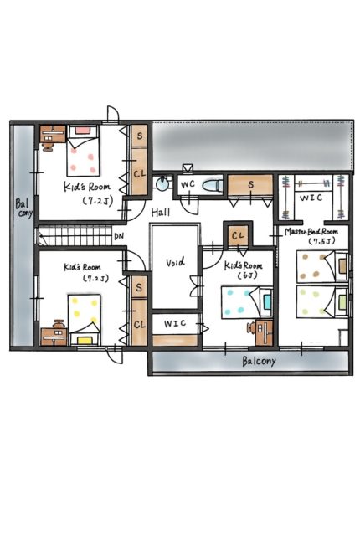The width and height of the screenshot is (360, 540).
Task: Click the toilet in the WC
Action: tap(212, 186)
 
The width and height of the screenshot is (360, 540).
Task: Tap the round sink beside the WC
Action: tap(161, 184)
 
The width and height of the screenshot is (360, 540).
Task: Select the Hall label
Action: tap(161, 212)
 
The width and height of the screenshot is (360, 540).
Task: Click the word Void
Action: tap(175, 262)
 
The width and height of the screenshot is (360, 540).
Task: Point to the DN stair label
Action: tap(119, 236)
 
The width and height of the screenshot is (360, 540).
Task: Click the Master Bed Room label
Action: tap(311, 232)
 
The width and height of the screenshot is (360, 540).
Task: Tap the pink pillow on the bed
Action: tap(82, 131)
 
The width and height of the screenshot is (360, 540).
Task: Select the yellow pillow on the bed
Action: tap(85, 341)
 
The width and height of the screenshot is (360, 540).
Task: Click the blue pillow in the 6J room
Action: tap(267, 301)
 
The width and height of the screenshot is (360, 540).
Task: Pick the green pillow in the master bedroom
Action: tap(342, 302)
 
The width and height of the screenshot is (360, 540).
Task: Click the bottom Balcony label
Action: tap(259, 362)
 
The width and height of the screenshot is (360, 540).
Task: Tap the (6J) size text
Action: tap(247, 275)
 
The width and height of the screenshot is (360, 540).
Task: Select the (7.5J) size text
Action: tap(321, 241)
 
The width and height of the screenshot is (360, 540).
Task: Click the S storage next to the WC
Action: tap(250, 186)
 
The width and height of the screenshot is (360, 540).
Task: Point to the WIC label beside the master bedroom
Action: tap(311, 198)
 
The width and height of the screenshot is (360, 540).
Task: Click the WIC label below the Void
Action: tap(175, 323)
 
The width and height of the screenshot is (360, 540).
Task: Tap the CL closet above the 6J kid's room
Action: tap(238, 235)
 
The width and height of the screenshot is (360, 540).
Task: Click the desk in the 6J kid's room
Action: tap(265, 332)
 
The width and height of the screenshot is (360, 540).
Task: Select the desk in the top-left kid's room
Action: tap(53, 134)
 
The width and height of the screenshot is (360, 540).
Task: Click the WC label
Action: tap(188, 184)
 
